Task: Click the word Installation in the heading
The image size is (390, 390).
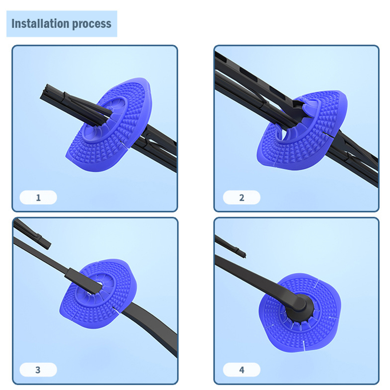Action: tap(40, 23)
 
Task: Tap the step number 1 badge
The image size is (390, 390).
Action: tap(38, 197)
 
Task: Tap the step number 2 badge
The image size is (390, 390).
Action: tap(242, 197)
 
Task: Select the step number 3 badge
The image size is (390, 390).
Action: tap(38, 370)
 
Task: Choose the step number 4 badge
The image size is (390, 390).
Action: tap(242, 370)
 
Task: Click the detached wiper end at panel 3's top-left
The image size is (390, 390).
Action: tap(32, 234)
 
